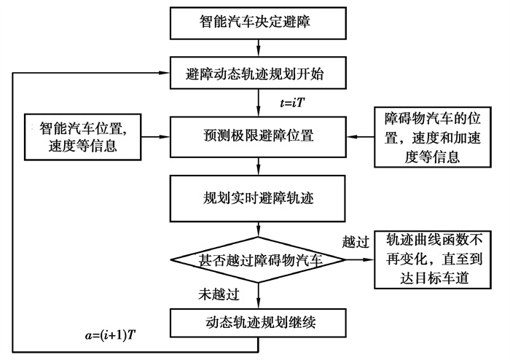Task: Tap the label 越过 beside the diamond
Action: (x=356, y=240)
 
